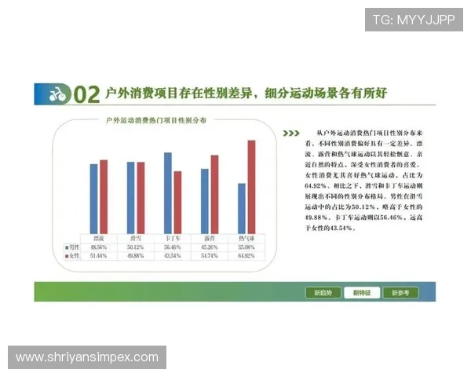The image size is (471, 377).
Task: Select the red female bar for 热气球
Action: pyautogui.click(x=251, y=186)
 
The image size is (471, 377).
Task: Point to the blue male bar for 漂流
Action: pyautogui.click(x=93, y=197)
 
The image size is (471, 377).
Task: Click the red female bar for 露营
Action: pyautogui.click(x=214, y=193)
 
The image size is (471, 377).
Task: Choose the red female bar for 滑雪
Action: pyautogui.click(x=141, y=196)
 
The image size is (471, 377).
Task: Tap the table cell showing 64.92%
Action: pyautogui.click(x=246, y=256)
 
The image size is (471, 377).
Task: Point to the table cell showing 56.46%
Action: pyautogui.click(x=173, y=247)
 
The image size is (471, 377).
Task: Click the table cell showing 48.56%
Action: pyautogui.click(x=99, y=247)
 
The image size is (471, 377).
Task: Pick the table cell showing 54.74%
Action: pyautogui.click(x=210, y=256)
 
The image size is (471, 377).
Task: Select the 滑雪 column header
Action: pyautogui.click(x=136, y=236)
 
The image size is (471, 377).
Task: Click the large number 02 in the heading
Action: pyautogui.click(x=86, y=95)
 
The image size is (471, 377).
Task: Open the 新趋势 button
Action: pyautogui.click(x=323, y=293)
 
